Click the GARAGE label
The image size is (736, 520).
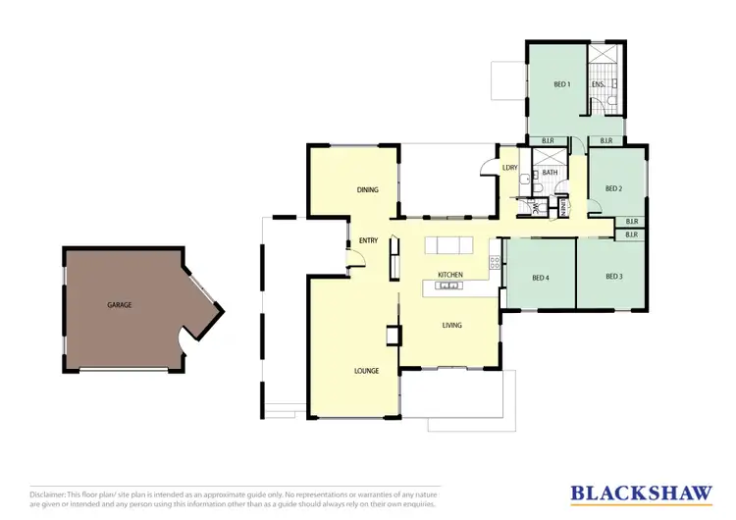pos(120,305)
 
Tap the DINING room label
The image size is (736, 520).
pos(368,190)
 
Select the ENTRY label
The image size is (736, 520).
pos(368,240)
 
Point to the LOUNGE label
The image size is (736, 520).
pos(367,371)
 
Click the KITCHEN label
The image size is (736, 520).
pos(450,275)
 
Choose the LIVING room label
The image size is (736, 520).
pos(452,325)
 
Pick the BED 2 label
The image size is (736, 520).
pos(613,188)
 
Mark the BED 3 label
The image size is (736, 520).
pos(614,277)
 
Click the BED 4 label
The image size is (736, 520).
pos(540,278)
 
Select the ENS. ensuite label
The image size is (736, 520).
pos(597,85)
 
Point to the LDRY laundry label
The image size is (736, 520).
pos(509,168)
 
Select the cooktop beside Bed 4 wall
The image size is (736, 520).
pos(495,263)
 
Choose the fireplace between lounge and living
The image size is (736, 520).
pos(392,336)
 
